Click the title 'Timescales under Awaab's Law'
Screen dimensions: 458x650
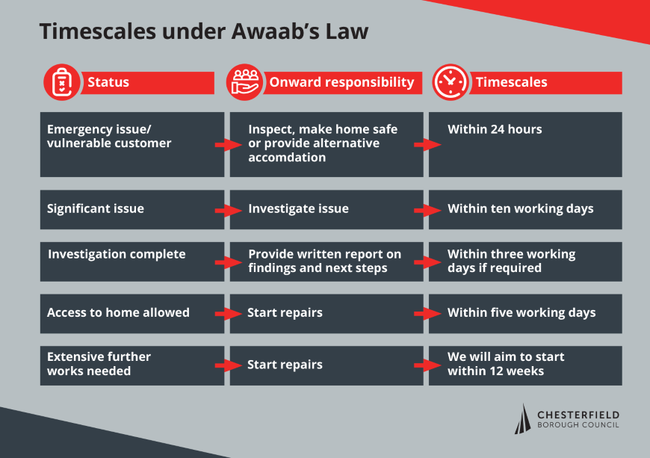pos(203,32)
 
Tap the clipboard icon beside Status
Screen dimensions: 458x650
pos(62,82)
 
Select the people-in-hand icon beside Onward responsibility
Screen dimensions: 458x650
pos(244,82)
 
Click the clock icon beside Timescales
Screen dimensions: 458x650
pos(451,82)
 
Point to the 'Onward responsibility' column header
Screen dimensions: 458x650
pos(341,82)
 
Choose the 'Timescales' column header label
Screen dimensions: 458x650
pos(512,82)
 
